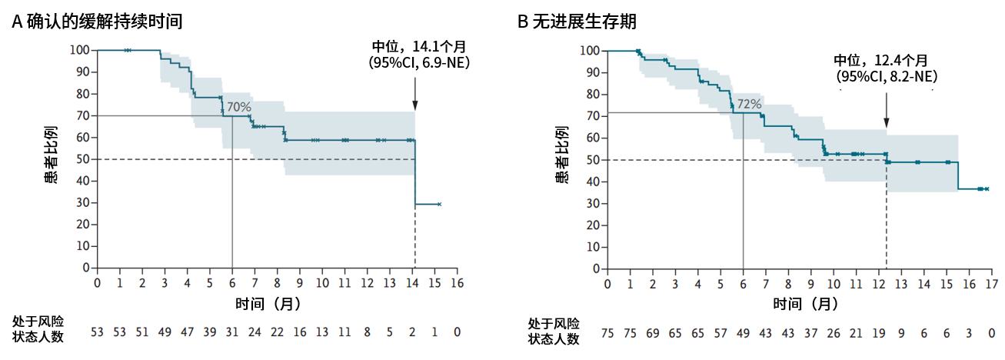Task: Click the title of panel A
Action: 97,22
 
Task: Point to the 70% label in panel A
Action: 238,107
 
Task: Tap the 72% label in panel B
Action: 749,104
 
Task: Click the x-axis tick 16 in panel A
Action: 458,283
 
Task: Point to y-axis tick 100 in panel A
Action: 81,50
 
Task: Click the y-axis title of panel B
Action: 562,159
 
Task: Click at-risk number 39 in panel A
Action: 210,332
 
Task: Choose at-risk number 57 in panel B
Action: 720,332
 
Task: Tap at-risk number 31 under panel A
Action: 232,332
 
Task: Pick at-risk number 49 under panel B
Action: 743,332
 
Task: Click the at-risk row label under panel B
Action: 554,331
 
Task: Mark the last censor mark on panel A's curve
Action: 439,204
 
